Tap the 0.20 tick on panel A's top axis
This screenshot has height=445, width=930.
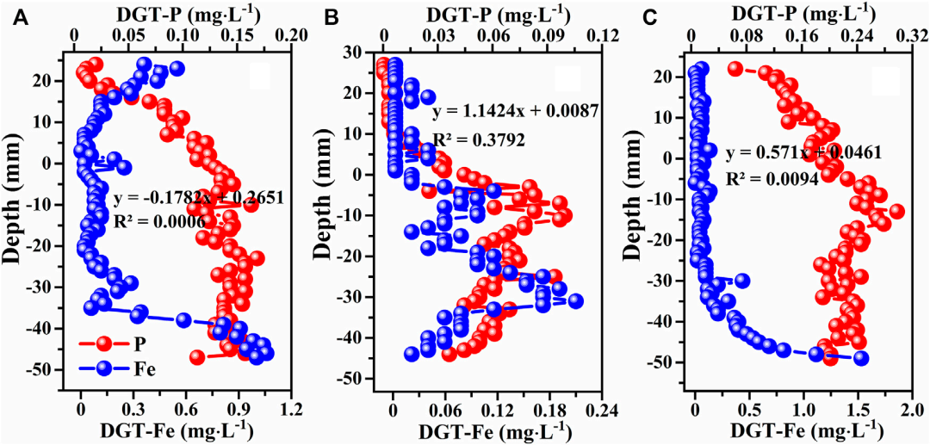(x=293, y=38)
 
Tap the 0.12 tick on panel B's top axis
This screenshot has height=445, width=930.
(x=604, y=38)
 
